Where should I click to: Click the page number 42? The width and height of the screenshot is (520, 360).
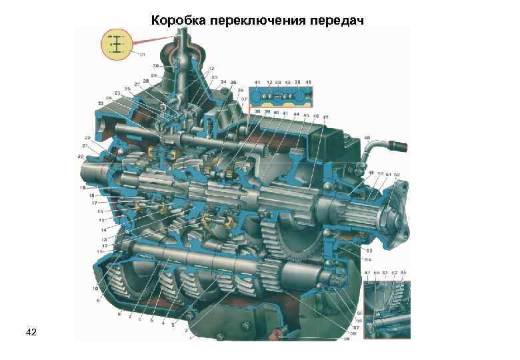[31, 331]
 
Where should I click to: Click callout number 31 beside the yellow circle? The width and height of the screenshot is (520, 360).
[143, 53]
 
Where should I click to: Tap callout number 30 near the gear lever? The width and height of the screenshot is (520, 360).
[155, 66]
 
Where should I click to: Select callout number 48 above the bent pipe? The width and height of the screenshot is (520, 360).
[367, 138]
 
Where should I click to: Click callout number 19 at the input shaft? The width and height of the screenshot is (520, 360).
[83, 189]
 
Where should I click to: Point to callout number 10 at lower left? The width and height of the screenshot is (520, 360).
[95, 288]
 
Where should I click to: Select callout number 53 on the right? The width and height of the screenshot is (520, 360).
[367, 251]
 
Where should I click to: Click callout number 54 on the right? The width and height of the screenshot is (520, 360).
[367, 258]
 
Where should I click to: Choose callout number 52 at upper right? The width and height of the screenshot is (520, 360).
[397, 174]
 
